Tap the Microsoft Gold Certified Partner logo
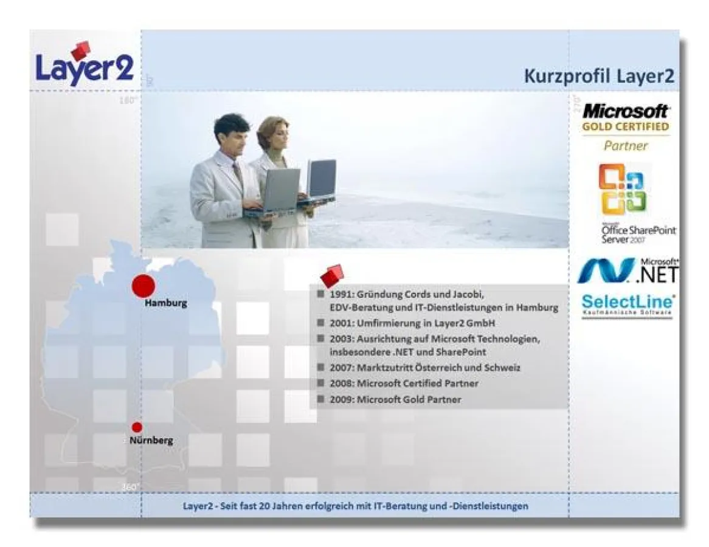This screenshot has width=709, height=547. [626, 127]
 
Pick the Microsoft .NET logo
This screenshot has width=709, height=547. [626, 271]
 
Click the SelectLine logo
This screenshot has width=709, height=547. [628, 304]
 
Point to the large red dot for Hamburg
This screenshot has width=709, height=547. [144, 286]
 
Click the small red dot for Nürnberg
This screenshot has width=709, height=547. [137, 427]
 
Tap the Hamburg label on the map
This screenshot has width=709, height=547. [165, 303]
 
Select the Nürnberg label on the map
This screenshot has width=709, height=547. [151, 441]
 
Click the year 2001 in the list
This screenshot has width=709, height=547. [342, 323]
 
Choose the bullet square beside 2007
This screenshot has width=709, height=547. [320, 368]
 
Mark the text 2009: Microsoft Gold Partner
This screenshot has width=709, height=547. [395, 400]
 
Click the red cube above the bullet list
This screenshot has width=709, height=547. [332, 276]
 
